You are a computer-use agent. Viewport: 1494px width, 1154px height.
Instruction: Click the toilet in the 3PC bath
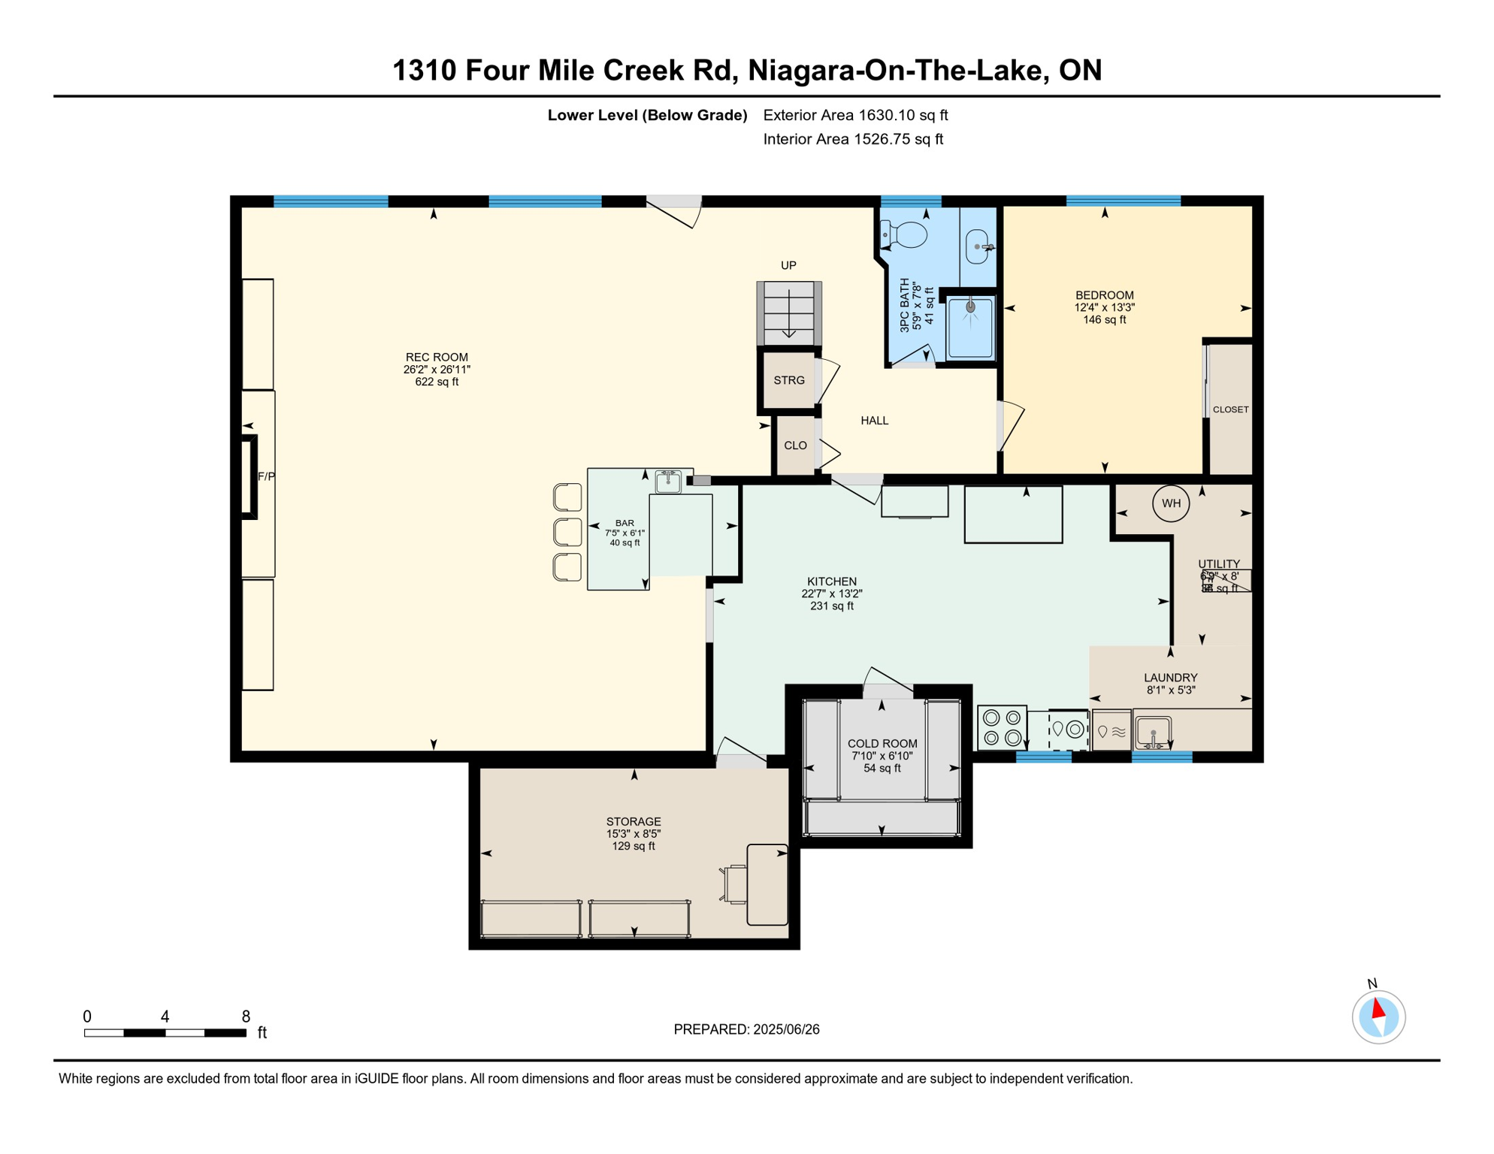point(906,234)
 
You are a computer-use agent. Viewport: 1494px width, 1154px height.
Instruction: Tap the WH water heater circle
point(1171,503)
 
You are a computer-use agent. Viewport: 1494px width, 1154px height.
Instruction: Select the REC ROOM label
point(437,358)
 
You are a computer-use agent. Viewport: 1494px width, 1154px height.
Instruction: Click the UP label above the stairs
point(788,265)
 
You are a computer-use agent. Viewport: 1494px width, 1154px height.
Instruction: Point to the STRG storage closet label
point(789,380)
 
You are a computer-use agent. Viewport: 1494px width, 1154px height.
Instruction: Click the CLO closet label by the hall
point(795,446)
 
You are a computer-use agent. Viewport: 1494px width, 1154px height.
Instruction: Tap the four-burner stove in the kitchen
point(1002,727)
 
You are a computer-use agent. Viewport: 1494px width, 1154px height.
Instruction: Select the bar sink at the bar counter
point(668,481)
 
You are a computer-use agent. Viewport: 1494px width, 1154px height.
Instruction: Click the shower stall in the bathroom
point(970,328)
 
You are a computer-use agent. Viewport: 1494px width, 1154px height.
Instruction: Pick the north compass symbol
point(1378,1017)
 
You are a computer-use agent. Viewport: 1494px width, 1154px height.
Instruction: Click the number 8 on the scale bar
point(246,1017)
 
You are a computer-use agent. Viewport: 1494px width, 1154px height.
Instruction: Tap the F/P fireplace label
point(266,476)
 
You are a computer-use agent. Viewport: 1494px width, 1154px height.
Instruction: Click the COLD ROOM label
point(882,744)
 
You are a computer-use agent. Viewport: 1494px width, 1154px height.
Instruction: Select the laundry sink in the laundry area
point(1153,731)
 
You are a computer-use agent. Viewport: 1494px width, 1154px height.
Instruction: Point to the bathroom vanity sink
point(977,246)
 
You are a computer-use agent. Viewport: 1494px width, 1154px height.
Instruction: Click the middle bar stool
point(568,532)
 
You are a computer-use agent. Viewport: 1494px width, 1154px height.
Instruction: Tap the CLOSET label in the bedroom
point(1230,409)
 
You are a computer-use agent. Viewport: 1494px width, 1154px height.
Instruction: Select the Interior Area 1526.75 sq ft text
point(853,139)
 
